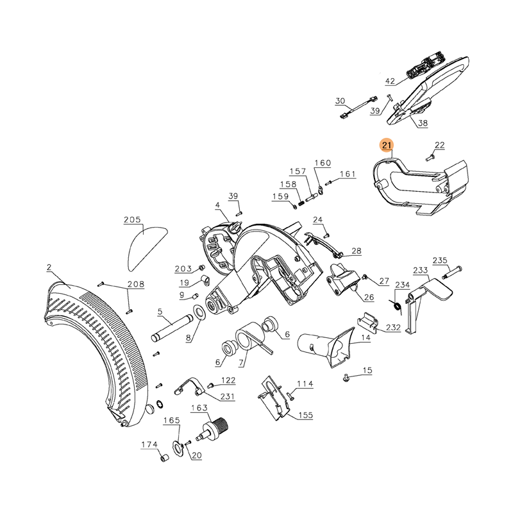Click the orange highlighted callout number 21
point(387,146)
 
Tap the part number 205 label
point(133,220)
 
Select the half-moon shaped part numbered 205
point(145,248)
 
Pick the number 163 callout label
point(199,407)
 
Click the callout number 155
point(305,415)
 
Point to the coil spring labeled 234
point(398,305)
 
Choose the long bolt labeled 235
point(453,271)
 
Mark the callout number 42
point(391,81)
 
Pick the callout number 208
point(136,284)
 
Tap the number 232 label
point(393,327)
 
